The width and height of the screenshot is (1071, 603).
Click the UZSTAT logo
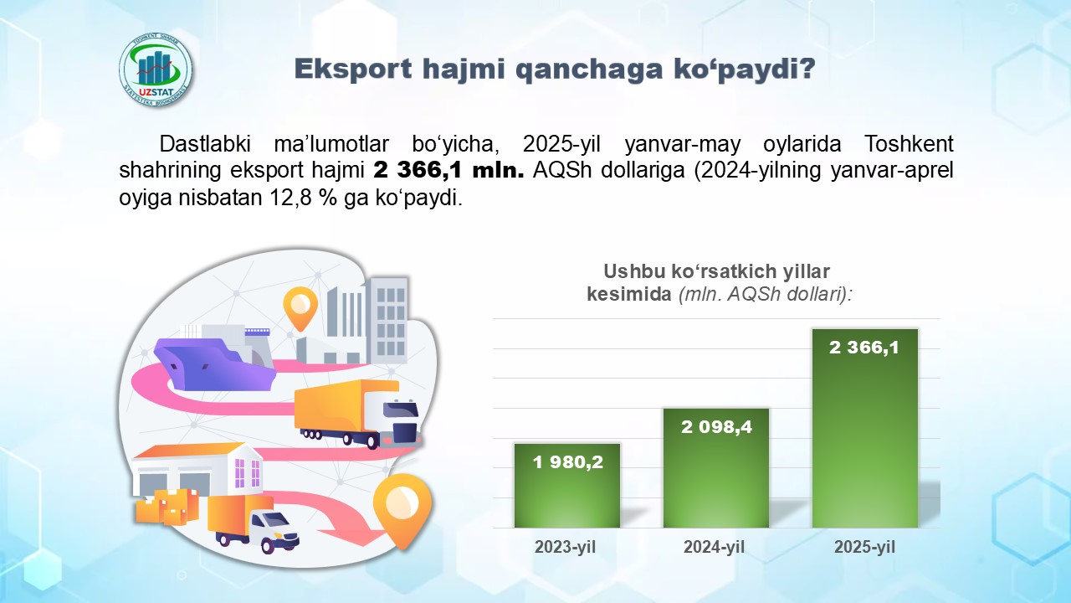click(x=156, y=70)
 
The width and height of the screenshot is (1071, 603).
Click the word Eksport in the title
click(x=353, y=69)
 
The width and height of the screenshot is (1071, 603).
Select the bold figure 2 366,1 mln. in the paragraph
click(x=449, y=170)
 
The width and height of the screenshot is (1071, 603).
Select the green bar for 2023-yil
click(x=567, y=486)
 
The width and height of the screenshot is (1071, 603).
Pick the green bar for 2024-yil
click(x=715, y=468)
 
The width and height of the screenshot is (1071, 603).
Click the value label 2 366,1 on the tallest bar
click(x=864, y=348)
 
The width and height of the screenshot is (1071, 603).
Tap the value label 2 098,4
click(x=716, y=426)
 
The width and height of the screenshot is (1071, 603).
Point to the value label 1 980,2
click(x=567, y=461)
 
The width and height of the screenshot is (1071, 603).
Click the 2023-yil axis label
click(x=565, y=547)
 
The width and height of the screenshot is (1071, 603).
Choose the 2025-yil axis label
click(x=864, y=547)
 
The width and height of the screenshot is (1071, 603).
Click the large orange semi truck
click(x=357, y=414)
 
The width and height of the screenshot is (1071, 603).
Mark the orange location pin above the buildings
click(x=300, y=307)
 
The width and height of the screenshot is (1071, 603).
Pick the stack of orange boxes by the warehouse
click(x=167, y=507)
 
